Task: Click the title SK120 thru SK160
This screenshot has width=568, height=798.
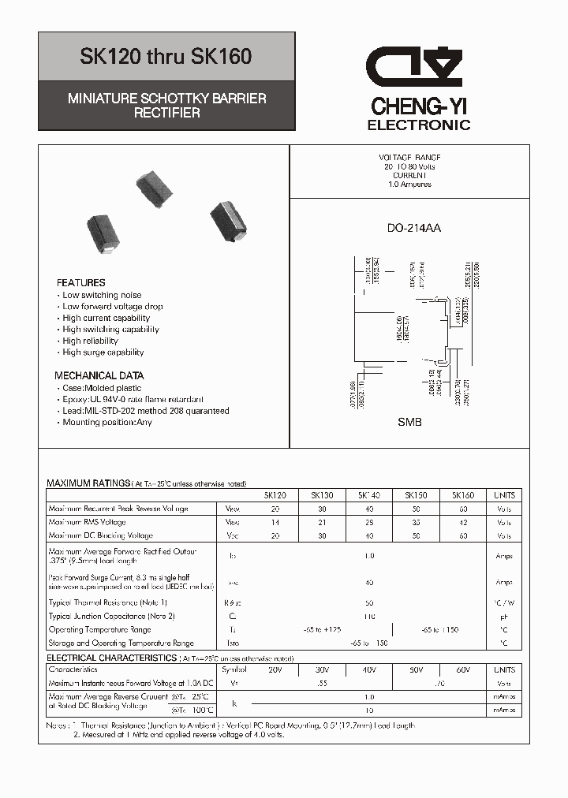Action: (166, 58)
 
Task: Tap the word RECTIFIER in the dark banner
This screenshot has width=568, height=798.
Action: (166, 113)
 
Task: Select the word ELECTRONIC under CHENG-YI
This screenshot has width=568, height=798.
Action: (419, 125)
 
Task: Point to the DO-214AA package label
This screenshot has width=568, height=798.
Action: (413, 229)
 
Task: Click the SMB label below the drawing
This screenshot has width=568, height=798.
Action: (409, 422)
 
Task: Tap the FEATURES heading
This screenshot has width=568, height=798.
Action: (81, 282)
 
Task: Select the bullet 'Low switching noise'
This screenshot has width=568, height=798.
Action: (102, 295)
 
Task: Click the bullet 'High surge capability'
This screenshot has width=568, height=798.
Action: (103, 352)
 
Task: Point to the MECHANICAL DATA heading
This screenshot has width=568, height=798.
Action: (99, 375)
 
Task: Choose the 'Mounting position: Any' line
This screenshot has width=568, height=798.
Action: (107, 422)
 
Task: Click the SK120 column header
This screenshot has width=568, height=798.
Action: (275, 495)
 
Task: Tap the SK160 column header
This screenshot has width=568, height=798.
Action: (463, 495)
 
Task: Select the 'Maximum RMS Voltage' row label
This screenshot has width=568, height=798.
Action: (87, 522)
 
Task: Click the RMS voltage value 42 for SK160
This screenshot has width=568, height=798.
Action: (463, 522)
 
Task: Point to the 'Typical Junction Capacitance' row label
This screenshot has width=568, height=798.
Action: (111, 616)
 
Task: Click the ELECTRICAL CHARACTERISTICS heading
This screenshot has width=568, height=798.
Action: (111, 658)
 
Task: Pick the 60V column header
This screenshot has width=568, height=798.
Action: (463, 669)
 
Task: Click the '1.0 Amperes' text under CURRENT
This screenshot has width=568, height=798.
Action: (409, 185)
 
